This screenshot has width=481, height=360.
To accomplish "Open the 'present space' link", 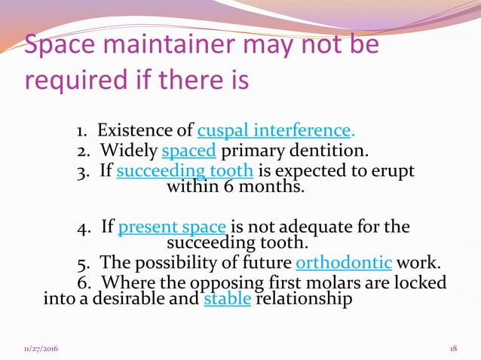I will [x=173, y=227].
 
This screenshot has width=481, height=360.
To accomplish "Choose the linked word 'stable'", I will [x=228, y=300].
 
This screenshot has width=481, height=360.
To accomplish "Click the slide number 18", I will [x=453, y=349].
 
